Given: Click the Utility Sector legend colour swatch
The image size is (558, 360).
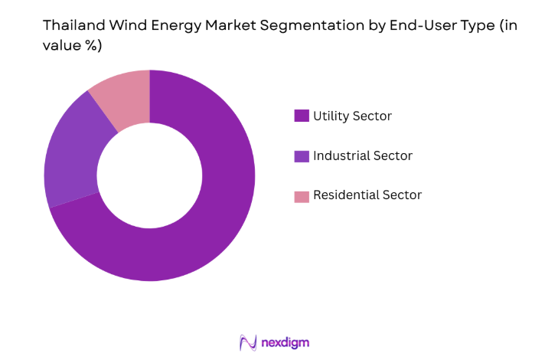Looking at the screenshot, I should point(302,116).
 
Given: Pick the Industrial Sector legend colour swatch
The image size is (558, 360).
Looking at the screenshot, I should point(302,156).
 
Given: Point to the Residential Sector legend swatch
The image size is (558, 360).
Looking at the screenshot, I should point(302,196).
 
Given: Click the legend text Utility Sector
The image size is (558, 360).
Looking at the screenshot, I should point(352,116).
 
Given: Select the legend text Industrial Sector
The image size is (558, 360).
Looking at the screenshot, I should point(363,156).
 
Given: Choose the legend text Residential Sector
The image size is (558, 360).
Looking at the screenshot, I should point(367,195).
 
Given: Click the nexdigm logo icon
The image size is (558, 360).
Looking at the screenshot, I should point(248,342).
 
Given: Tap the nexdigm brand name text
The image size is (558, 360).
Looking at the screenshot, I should point(286,342).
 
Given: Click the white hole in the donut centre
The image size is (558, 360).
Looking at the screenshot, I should point(149,175).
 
